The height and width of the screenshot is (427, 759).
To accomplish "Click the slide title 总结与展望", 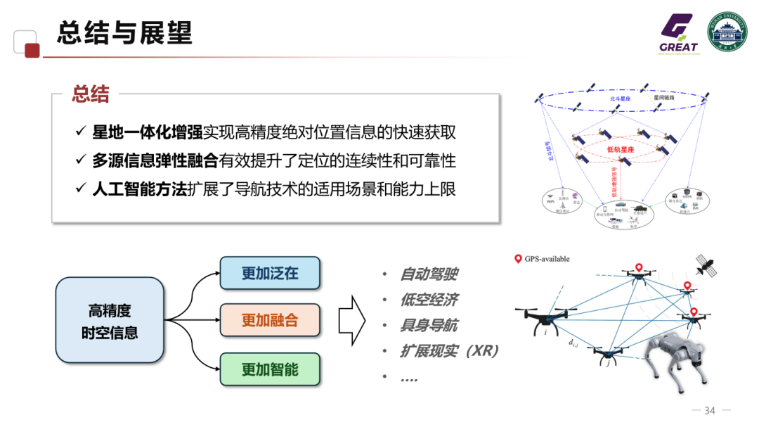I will (x=124, y=33).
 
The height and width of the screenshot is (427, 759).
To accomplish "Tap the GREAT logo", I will (x=678, y=34).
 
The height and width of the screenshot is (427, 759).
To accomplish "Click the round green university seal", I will (x=727, y=32).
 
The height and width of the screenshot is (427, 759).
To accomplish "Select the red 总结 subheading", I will (x=91, y=94).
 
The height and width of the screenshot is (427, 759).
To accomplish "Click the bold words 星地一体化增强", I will (x=148, y=132).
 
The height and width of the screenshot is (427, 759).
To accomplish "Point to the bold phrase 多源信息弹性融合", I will (x=155, y=161).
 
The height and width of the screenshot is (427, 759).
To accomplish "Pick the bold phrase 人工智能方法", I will (x=140, y=190).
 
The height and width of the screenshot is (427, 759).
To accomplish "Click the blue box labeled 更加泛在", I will (x=270, y=274).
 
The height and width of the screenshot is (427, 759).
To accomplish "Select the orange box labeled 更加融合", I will (x=270, y=321).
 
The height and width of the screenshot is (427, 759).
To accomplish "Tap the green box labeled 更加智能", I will (x=270, y=369).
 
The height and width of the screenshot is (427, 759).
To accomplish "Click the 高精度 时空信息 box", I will (x=110, y=321).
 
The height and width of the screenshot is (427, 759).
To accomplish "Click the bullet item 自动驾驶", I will (x=429, y=274).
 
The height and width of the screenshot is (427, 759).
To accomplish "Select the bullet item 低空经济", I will (x=429, y=300).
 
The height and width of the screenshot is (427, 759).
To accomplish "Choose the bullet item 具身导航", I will (x=429, y=325).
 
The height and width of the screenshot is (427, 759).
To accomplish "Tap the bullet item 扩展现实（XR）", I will (x=450, y=350).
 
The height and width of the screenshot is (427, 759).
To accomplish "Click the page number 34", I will (x=709, y=411).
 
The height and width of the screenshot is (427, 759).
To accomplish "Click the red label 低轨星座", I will (x=621, y=150).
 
